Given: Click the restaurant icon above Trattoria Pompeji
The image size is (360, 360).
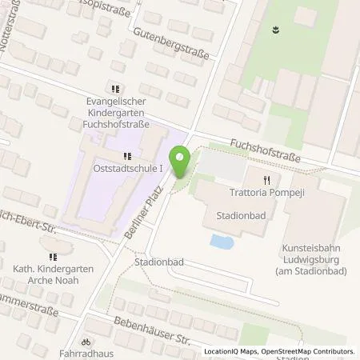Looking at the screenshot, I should pos(270,180).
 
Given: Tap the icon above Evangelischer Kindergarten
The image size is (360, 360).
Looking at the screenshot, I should pos(116,89).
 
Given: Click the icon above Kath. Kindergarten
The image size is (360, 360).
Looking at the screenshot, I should pos(53,257).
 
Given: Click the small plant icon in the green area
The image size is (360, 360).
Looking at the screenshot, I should pos(276,31).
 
